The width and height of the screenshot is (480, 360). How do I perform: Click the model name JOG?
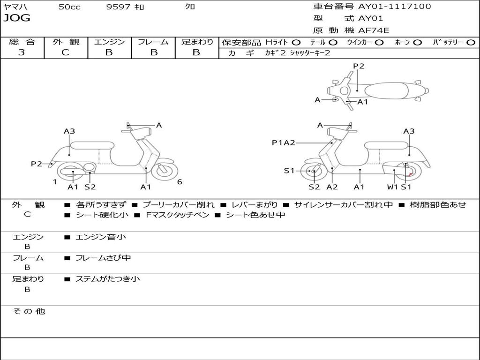coord(17,18)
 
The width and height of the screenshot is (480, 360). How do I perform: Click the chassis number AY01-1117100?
coord(394,7)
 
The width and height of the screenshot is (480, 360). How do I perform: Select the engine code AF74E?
coord(374,30)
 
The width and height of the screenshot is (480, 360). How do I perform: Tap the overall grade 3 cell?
coord(22,52)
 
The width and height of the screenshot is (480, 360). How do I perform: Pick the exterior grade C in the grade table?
coord(65,52)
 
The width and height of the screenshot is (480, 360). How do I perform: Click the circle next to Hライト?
coord(296,43)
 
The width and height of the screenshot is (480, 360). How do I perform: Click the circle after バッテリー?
coord(471,43)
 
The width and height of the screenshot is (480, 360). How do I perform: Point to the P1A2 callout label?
coord(284,142)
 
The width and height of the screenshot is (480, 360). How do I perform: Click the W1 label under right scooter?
coord(392,187)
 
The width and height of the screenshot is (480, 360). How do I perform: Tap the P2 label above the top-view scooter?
coord(359,66)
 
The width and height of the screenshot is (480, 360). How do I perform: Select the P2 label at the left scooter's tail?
coord(37,164)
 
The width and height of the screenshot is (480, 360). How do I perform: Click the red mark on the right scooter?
coord(411,174)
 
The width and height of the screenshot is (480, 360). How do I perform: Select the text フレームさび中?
coord(103,258)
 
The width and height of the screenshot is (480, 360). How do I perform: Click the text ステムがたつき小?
coord(107,279)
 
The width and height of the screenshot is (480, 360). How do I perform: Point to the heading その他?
coord(29,311)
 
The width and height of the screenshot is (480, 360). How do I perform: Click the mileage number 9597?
coord(118,7)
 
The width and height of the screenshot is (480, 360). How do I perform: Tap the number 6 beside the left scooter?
coord(180,182)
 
